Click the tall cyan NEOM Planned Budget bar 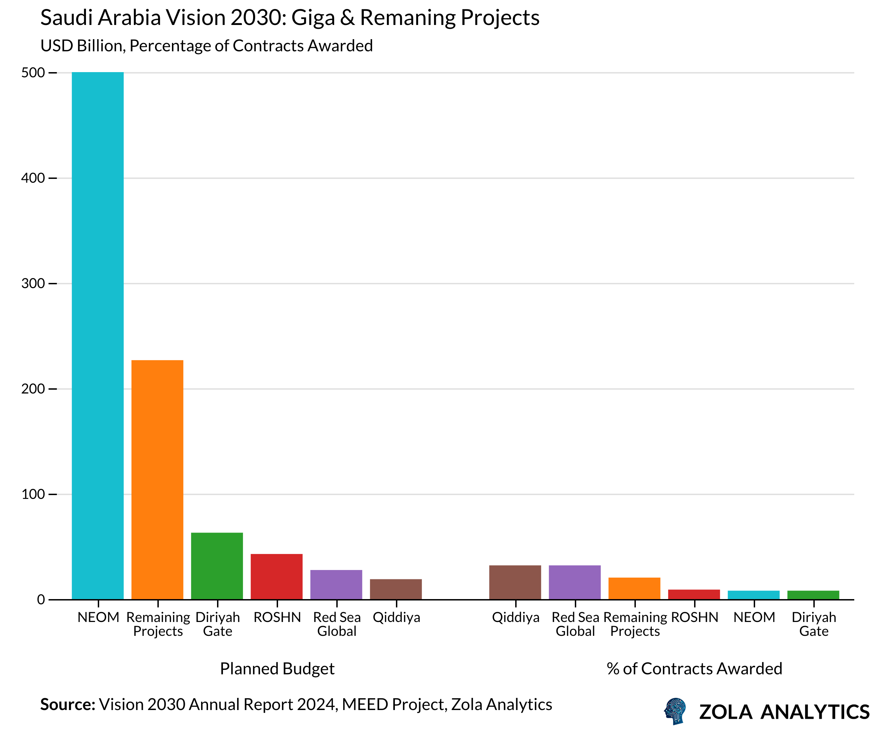tap(97, 336)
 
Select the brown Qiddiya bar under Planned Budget tap(396, 589)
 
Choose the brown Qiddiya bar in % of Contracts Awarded tap(515, 582)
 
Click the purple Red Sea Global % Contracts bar tap(574, 582)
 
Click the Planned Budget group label tap(277, 669)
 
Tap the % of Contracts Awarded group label tap(694, 669)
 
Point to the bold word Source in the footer tap(68, 705)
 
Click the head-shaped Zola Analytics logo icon tap(675, 711)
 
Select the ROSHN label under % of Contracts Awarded tap(694, 617)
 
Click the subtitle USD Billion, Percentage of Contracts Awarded tap(206, 46)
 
